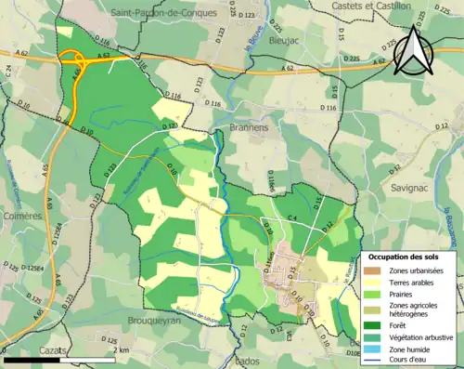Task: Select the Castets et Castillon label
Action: tap(377, 6)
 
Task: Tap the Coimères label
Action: tap(22, 216)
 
